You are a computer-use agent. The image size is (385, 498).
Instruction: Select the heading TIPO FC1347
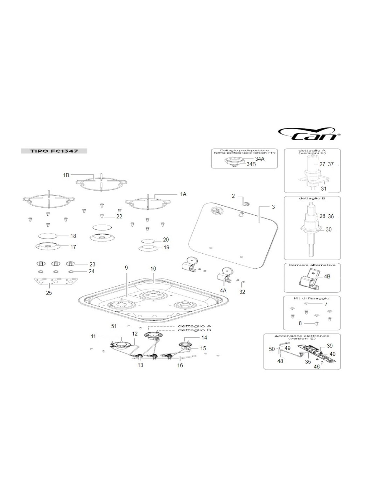[x=54, y=151]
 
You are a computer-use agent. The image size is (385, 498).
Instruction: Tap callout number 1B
[x=66, y=175]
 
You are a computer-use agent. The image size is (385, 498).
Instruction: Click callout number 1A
[x=183, y=194]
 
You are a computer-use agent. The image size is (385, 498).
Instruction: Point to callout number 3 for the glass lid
[x=273, y=207]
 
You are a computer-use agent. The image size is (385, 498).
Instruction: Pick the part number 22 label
[x=119, y=216]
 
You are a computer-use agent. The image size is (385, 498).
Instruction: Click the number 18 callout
[x=73, y=236]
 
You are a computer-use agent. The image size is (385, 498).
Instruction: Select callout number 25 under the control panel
[x=49, y=293]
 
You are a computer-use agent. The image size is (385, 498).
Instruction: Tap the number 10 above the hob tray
[x=153, y=269]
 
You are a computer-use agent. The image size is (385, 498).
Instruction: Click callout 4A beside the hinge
[x=223, y=291]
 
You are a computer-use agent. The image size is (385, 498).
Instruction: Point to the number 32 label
[x=242, y=292]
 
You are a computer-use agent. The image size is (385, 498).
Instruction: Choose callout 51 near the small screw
[x=114, y=326]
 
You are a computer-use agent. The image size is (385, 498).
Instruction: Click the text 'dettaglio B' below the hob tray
[x=194, y=330]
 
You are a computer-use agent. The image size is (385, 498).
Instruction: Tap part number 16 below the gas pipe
[x=180, y=365]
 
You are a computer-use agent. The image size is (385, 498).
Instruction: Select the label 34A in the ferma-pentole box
[x=259, y=159]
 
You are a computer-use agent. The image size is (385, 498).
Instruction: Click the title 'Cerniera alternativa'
[x=312, y=265]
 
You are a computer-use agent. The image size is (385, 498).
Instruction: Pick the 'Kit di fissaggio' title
[x=311, y=298]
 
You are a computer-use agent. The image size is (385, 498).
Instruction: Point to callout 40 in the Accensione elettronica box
[x=332, y=354]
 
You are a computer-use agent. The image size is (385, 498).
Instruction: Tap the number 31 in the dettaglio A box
[x=324, y=188]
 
